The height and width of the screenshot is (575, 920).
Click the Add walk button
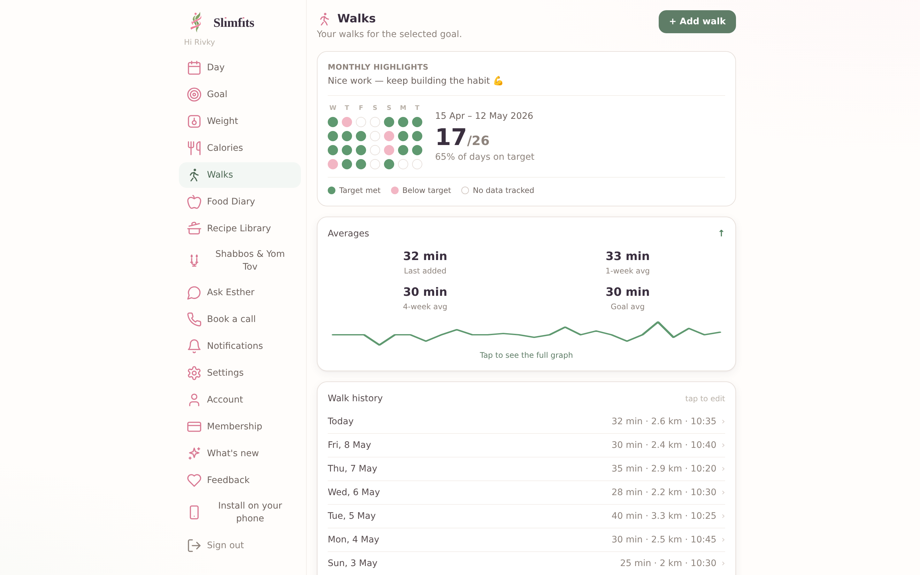(x=697, y=22)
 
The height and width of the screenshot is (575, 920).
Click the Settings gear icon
(x=194, y=373)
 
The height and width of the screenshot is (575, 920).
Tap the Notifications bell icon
(x=194, y=346)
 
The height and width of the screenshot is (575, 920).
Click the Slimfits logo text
(x=234, y=23)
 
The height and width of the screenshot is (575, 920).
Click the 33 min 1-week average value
(x=627, y=256)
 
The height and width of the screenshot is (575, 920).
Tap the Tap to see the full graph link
(x=526, y=355)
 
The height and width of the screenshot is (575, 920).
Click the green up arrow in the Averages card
(x=721, y=233)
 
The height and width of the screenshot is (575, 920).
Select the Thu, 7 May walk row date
(x=352, y=469)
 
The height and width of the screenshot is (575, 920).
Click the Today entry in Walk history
(x=341, y=421)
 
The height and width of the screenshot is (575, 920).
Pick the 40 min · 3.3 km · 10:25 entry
(x=663, y=516)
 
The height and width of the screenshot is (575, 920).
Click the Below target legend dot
(x=395, y=190)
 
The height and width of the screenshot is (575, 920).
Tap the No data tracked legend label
(x=503, y=190)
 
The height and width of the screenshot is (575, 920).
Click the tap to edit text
(x=705, y=399)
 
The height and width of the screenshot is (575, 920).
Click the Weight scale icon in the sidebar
(x=194, y=121)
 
